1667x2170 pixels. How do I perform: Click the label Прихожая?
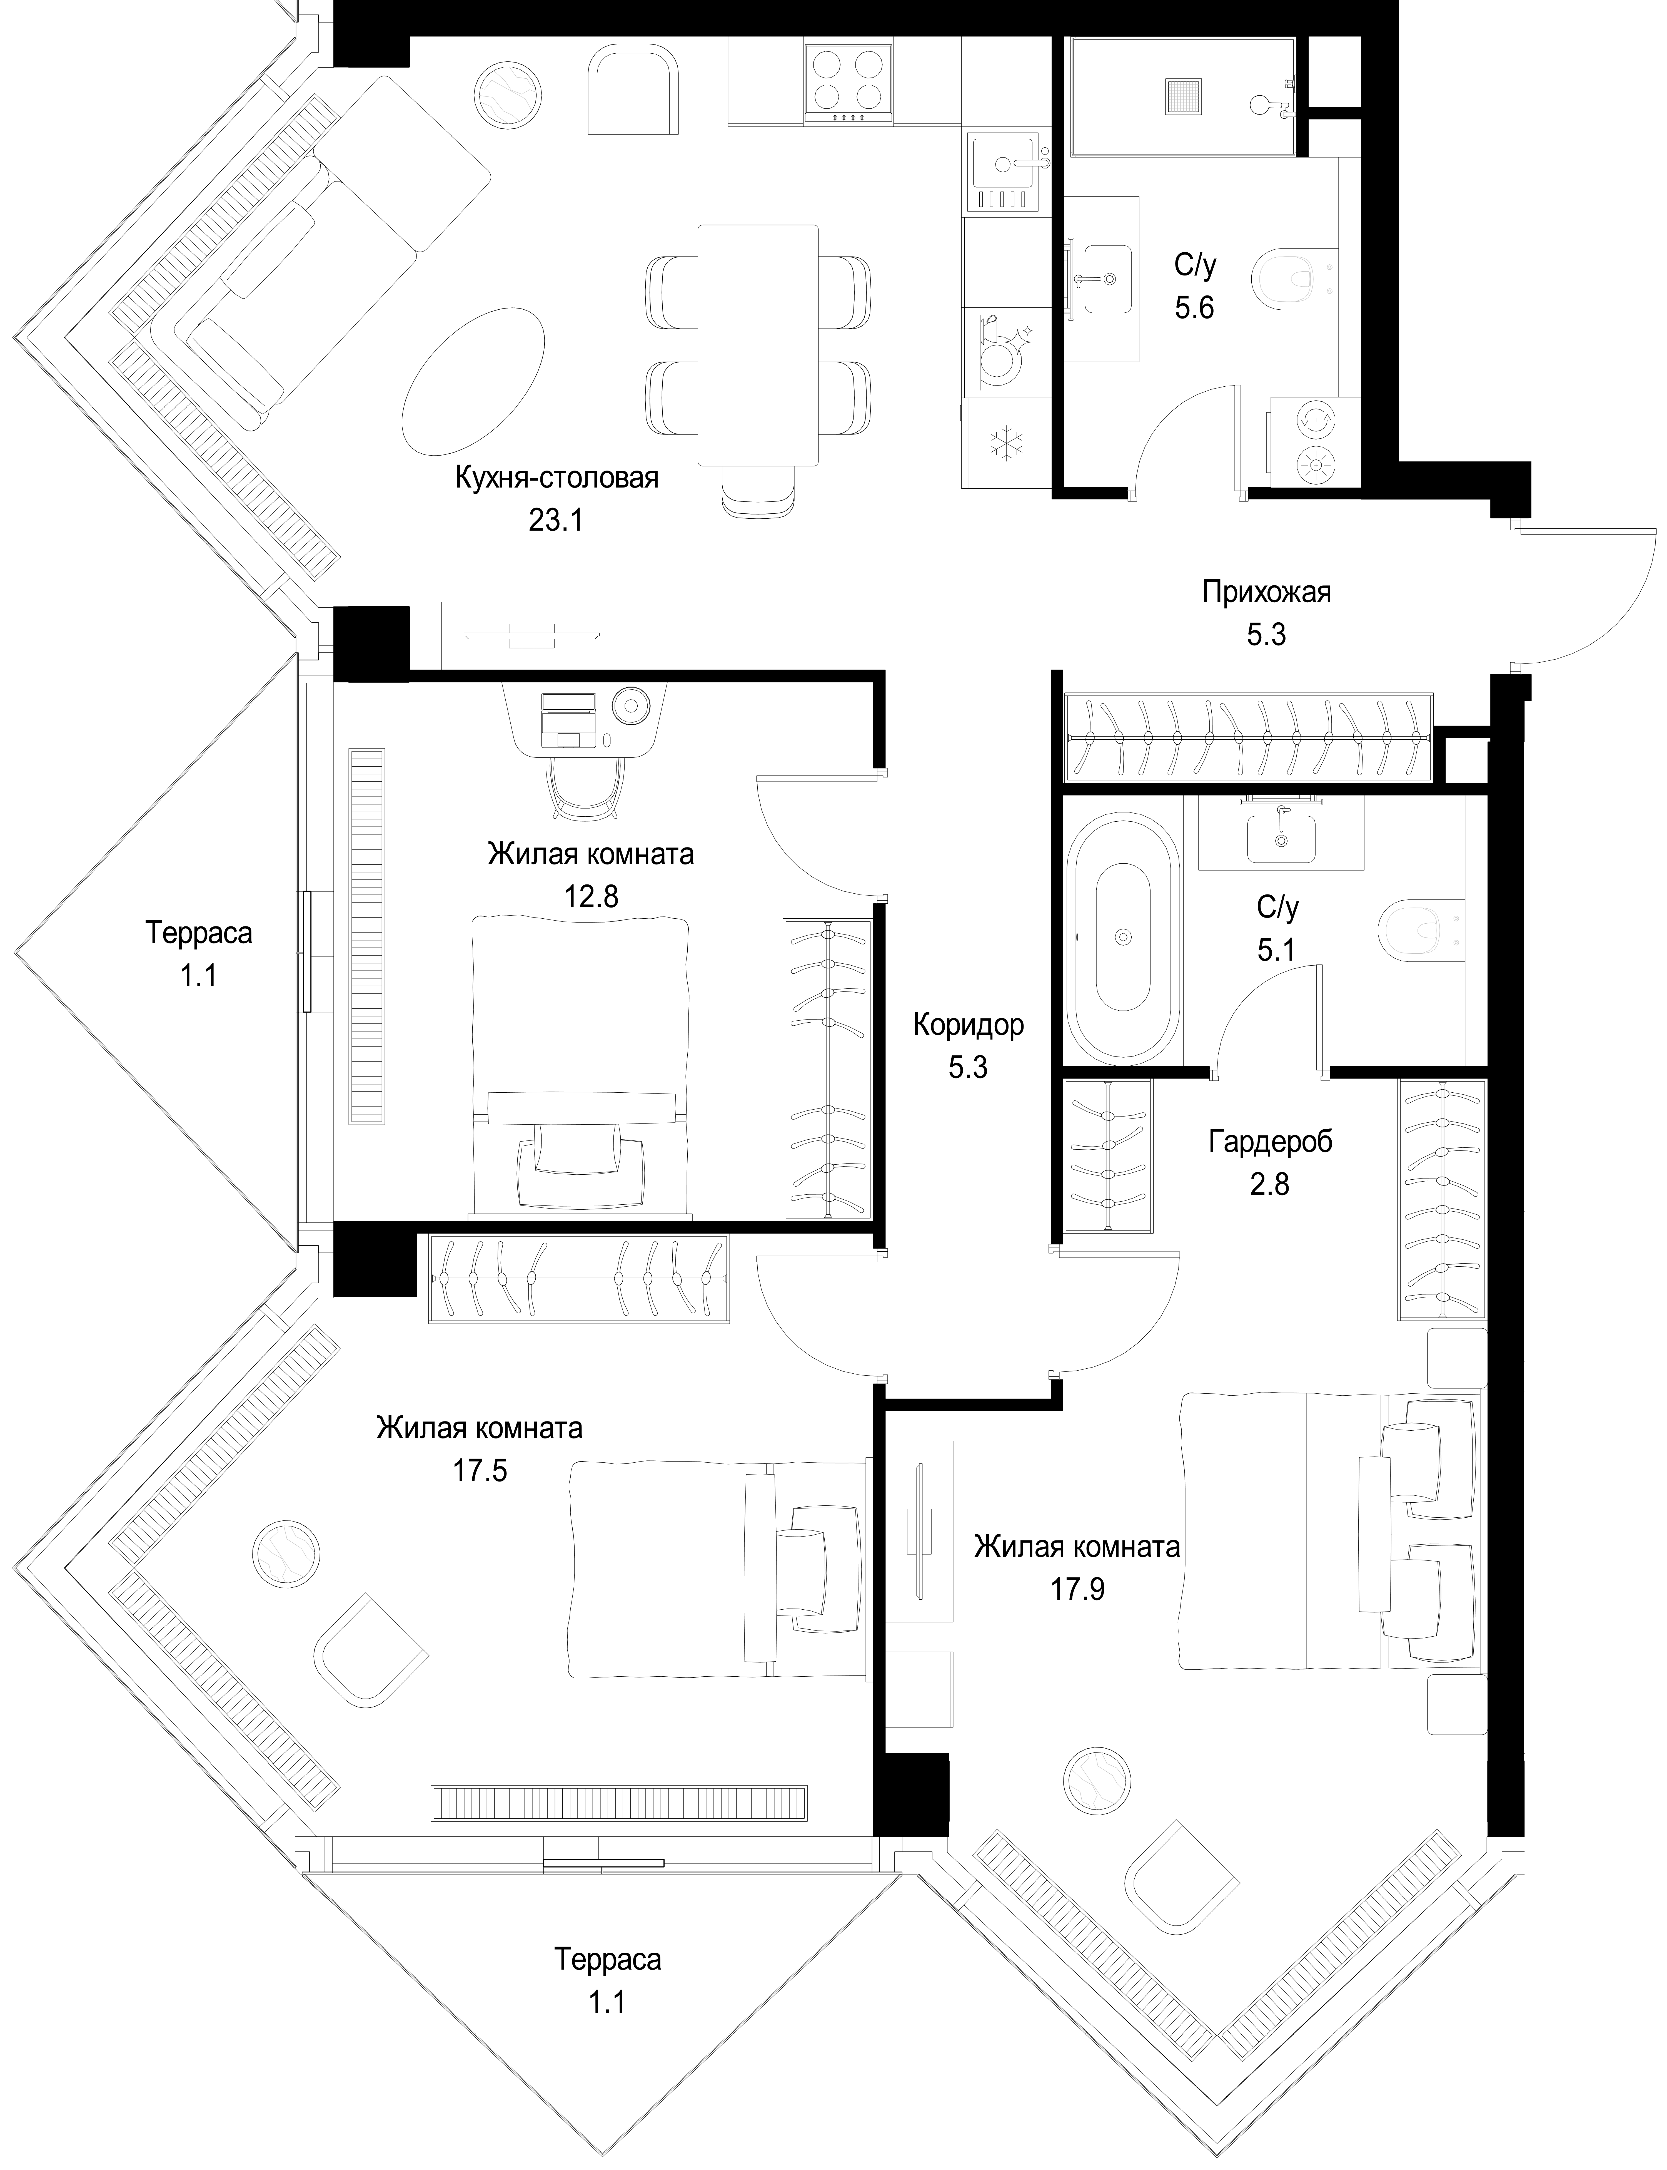[x=1266, y=593]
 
